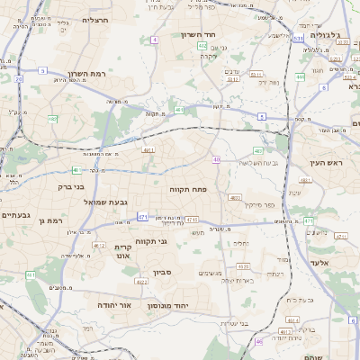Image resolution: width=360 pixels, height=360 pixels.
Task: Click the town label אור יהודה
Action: pyautogui.click(x=114, y=305)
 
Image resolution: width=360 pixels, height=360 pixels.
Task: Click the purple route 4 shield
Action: pyautogui.click(x=154, y=40)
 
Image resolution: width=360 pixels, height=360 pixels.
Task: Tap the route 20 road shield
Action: pyautogui.click(x=17, y=78)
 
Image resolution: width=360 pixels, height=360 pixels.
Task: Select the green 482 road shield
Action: pyautogui.click(x=52, y=118)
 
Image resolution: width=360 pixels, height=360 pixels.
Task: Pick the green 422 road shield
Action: pyautogui.click(x=202, y=44)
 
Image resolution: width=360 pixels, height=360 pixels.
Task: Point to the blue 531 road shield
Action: pyautogui.click(x=298, y=39)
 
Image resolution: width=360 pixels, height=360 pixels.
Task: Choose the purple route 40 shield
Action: pyautogui.click(x=216, y=159)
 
